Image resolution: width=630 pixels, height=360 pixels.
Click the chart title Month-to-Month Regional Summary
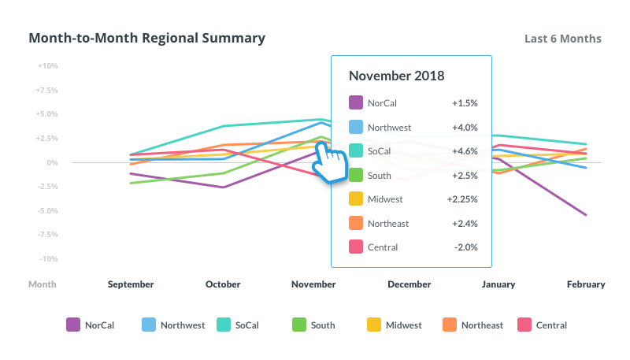[x=146, y=38]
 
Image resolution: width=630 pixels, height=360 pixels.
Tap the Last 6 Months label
[x=563, y=39]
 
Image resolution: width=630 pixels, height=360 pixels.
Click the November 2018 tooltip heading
[x=397, y=76]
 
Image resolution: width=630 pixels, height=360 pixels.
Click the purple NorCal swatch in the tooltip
[x=355, y=102]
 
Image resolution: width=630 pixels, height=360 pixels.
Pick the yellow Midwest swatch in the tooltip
[x=355, y=199]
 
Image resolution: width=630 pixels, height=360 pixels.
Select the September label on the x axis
[x=131, y=284]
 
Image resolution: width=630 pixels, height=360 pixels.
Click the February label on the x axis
[x=586, y=284]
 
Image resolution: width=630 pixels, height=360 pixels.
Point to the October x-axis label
[x=223, y=284]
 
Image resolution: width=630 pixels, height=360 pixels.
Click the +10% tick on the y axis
[x=47, y=66]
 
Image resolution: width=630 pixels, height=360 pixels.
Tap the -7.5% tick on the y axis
[x=47, y=235]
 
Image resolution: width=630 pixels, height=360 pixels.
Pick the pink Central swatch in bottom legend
[x=524, y=325]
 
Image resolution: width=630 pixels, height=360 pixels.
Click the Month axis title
[x=42, y=284]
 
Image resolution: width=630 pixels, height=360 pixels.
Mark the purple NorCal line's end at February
[x=586, y=215]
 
